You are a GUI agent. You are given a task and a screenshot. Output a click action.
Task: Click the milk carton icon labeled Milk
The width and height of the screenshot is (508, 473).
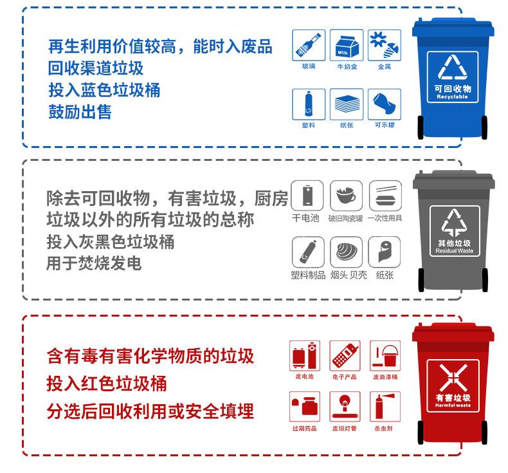click(347, 45)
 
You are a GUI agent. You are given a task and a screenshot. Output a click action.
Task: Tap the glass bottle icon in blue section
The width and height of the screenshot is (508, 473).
click(309, 45)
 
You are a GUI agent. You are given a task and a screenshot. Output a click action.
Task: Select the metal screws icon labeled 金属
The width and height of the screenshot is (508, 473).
click(385, 45)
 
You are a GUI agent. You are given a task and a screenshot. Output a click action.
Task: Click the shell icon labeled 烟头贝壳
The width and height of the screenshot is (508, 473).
click(347, 253)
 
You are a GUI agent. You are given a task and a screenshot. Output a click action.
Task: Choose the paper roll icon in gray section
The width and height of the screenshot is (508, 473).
click(385, 253)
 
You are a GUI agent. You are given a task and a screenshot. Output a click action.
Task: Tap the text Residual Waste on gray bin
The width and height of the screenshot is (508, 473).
click(454, 250)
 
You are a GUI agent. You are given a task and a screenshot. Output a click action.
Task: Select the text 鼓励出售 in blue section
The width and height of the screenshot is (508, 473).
click(80, 112)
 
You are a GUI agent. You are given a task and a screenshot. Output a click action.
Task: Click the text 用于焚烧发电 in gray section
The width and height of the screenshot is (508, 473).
click(94, 264)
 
